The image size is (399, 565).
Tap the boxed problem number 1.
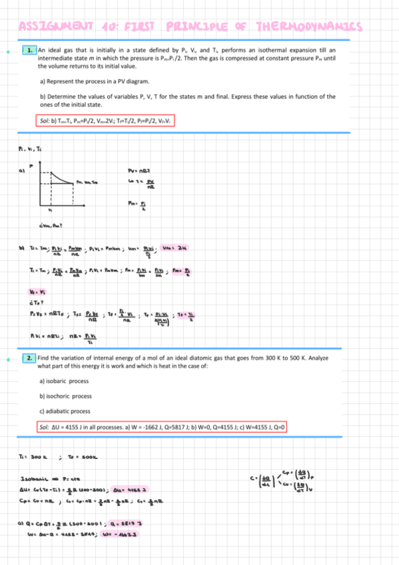tap(30, 51)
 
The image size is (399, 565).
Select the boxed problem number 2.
tap(30, 358)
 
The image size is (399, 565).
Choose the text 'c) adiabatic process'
tap(65, 411)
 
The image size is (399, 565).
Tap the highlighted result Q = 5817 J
tap(123, 524)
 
